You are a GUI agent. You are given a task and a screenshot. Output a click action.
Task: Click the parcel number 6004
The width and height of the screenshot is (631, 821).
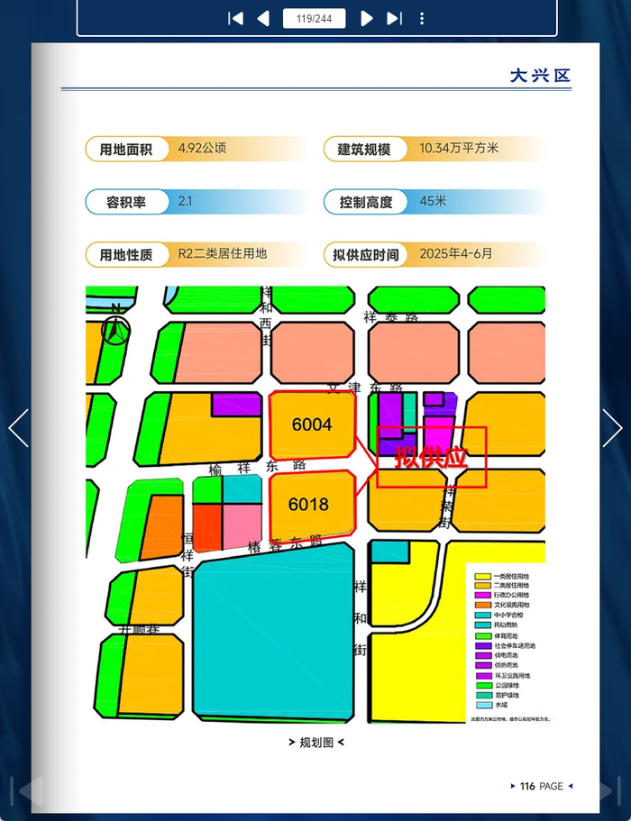point(312,424)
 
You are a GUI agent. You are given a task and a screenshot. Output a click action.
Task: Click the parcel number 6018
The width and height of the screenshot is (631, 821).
point(308,505)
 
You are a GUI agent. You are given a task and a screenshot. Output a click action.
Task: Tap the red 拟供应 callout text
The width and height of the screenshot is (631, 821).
point(431,457)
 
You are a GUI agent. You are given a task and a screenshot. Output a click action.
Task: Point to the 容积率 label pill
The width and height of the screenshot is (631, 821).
point(126,202)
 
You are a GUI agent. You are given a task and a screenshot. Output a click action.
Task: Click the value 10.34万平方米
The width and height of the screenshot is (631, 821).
point(459,149)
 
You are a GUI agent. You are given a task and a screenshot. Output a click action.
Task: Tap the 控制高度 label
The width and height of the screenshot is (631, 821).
point(366,202)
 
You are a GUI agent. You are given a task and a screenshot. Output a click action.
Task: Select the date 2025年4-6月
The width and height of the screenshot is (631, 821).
point(456,254)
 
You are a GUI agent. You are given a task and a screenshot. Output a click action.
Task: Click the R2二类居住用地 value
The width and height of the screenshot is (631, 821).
point(223,254)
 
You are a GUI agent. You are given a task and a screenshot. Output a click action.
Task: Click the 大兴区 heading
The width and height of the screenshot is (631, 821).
point(540,76)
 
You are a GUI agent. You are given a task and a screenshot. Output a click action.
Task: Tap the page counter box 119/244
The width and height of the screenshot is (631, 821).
point(314,18)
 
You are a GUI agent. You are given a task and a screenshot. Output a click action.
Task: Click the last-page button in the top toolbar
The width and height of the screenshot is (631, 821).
point(394,18)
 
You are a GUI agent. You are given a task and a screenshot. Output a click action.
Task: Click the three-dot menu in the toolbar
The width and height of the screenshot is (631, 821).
point(422,18)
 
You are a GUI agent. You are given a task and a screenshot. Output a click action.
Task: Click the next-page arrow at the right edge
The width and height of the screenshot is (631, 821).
point(612,428)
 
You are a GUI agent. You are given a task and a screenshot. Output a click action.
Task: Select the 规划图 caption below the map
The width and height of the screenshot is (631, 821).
point(315,743)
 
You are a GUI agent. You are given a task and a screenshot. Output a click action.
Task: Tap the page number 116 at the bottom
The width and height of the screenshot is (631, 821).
point(527,787)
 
